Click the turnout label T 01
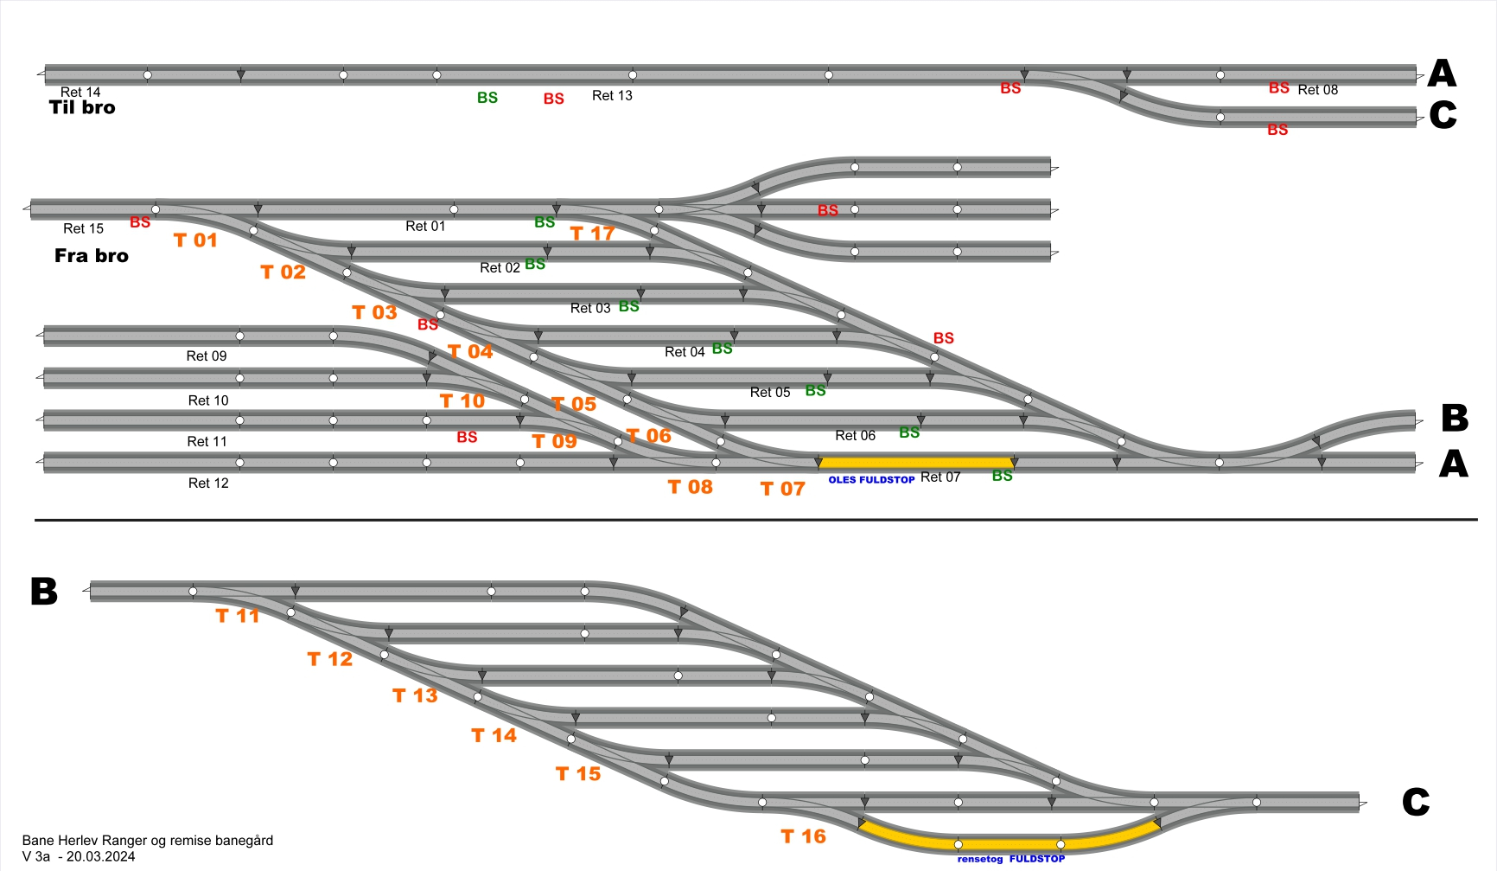195,240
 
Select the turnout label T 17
592,234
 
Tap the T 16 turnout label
803,836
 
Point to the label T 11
237,616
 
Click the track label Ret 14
80,92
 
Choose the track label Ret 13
612,95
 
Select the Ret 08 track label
1317,89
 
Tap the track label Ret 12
208,483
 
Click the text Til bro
82,108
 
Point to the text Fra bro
92,256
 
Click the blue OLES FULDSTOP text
871,479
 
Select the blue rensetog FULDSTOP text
1011,859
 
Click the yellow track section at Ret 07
916,463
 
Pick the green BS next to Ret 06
909,432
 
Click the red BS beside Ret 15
140,222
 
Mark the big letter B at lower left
44,592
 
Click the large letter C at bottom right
1415,803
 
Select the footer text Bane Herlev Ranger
148,840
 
